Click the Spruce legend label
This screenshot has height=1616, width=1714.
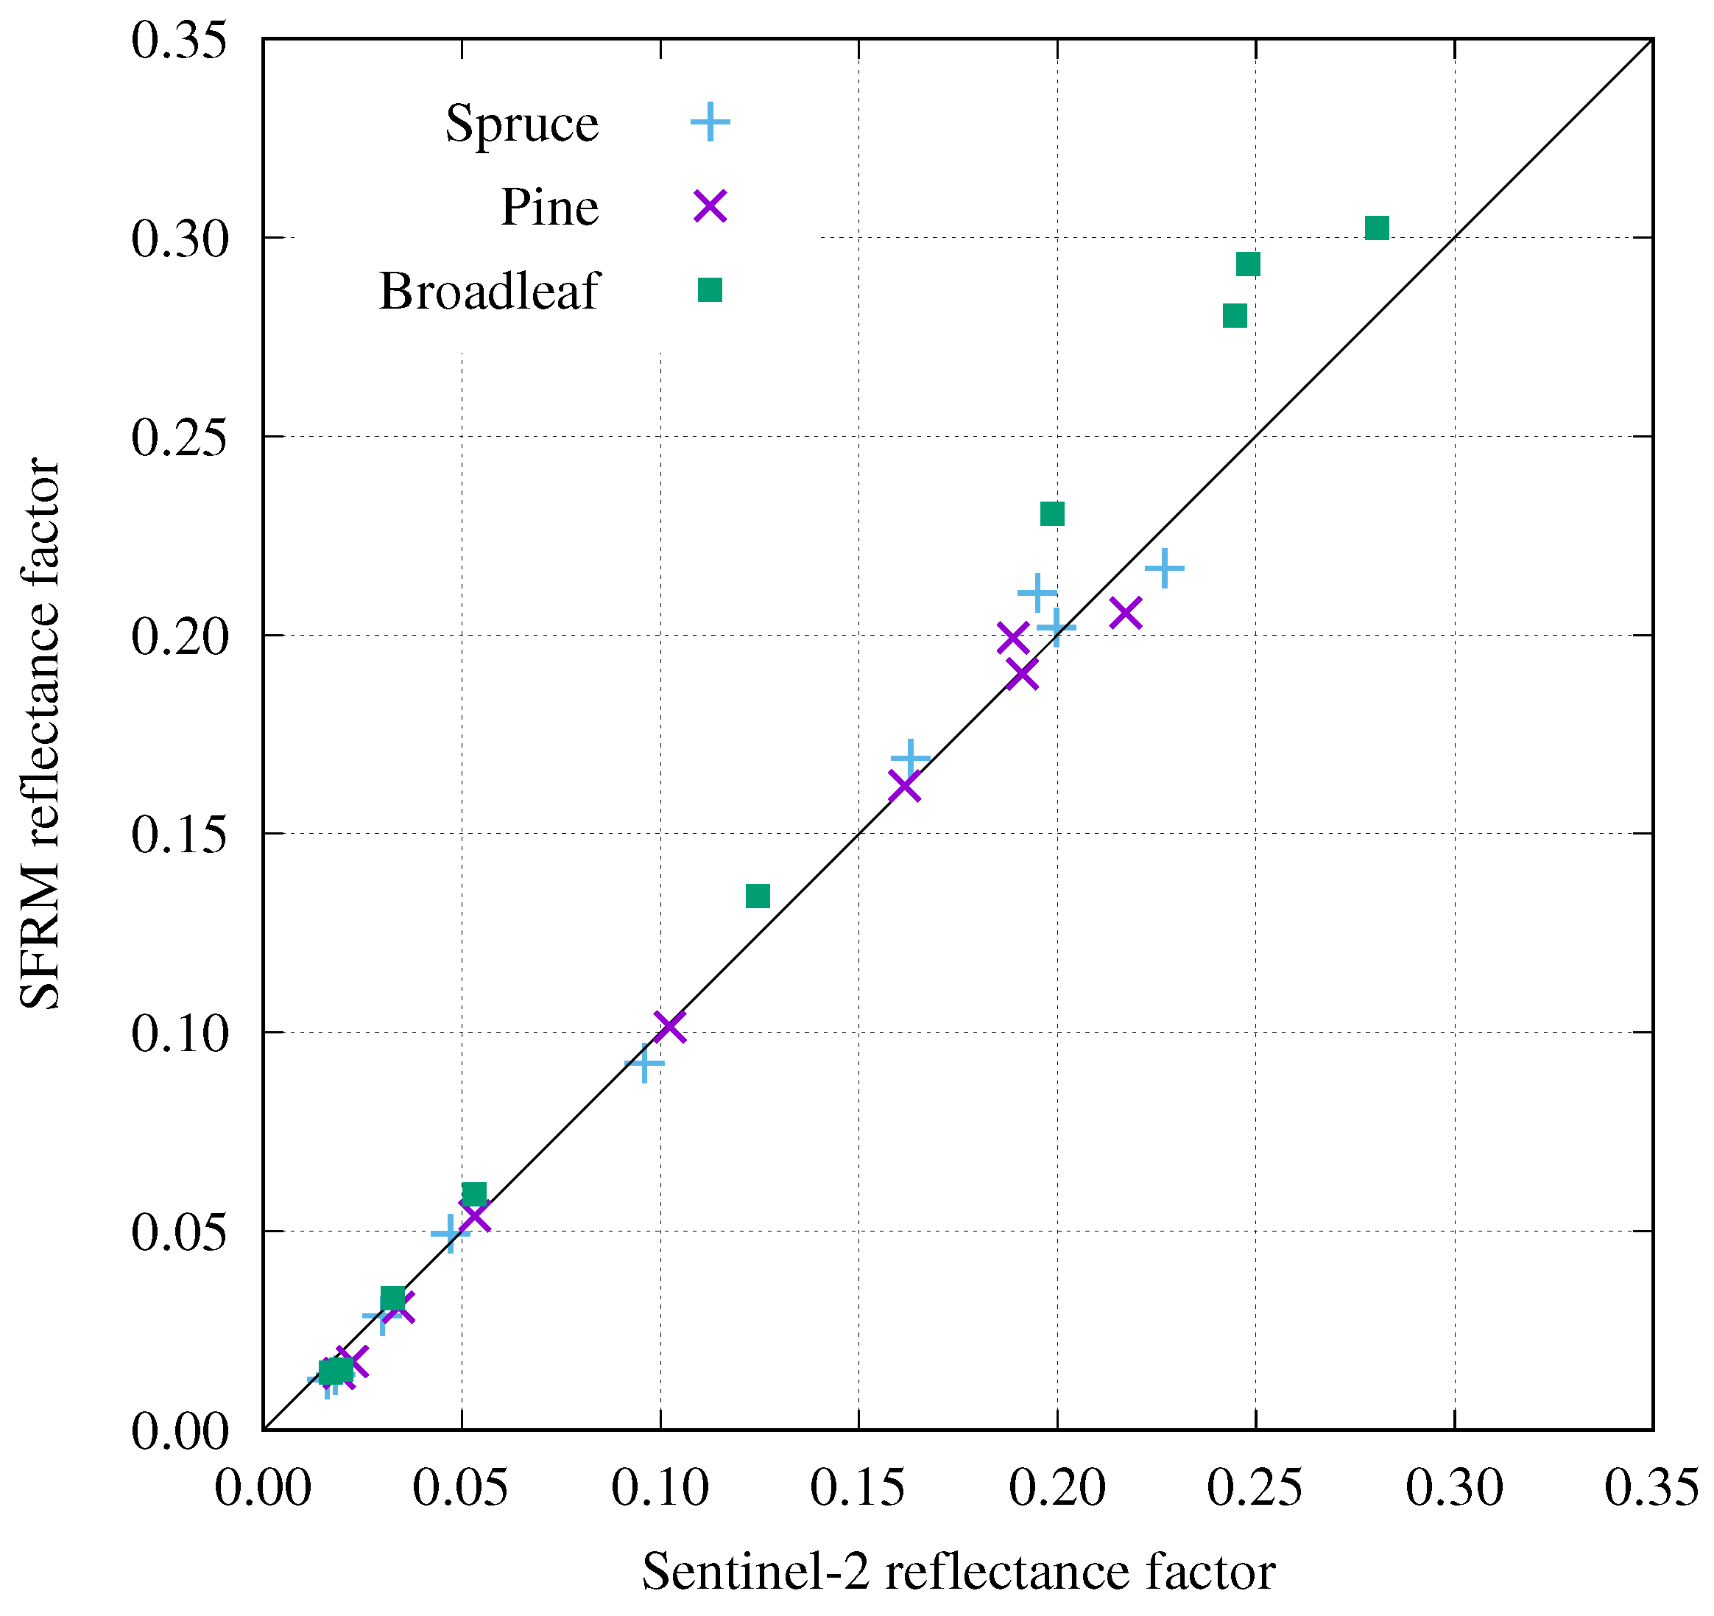521,123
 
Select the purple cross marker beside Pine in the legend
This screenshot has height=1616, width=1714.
710,206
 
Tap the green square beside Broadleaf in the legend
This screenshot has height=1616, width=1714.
710,289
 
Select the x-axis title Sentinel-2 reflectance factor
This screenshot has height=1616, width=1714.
958,1571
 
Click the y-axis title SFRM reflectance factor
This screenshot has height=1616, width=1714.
40,733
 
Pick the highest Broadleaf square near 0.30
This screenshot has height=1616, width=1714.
1377,228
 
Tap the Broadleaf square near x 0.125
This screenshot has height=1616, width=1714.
757,896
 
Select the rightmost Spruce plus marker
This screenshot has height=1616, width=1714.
1164,569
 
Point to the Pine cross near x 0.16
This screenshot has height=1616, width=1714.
904,787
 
